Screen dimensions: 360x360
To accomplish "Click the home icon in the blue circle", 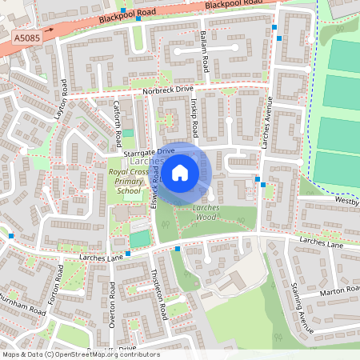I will (180, 172).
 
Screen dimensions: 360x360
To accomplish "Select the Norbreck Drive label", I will (169, 90).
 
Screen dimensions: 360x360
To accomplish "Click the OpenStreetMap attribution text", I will (80, 354).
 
